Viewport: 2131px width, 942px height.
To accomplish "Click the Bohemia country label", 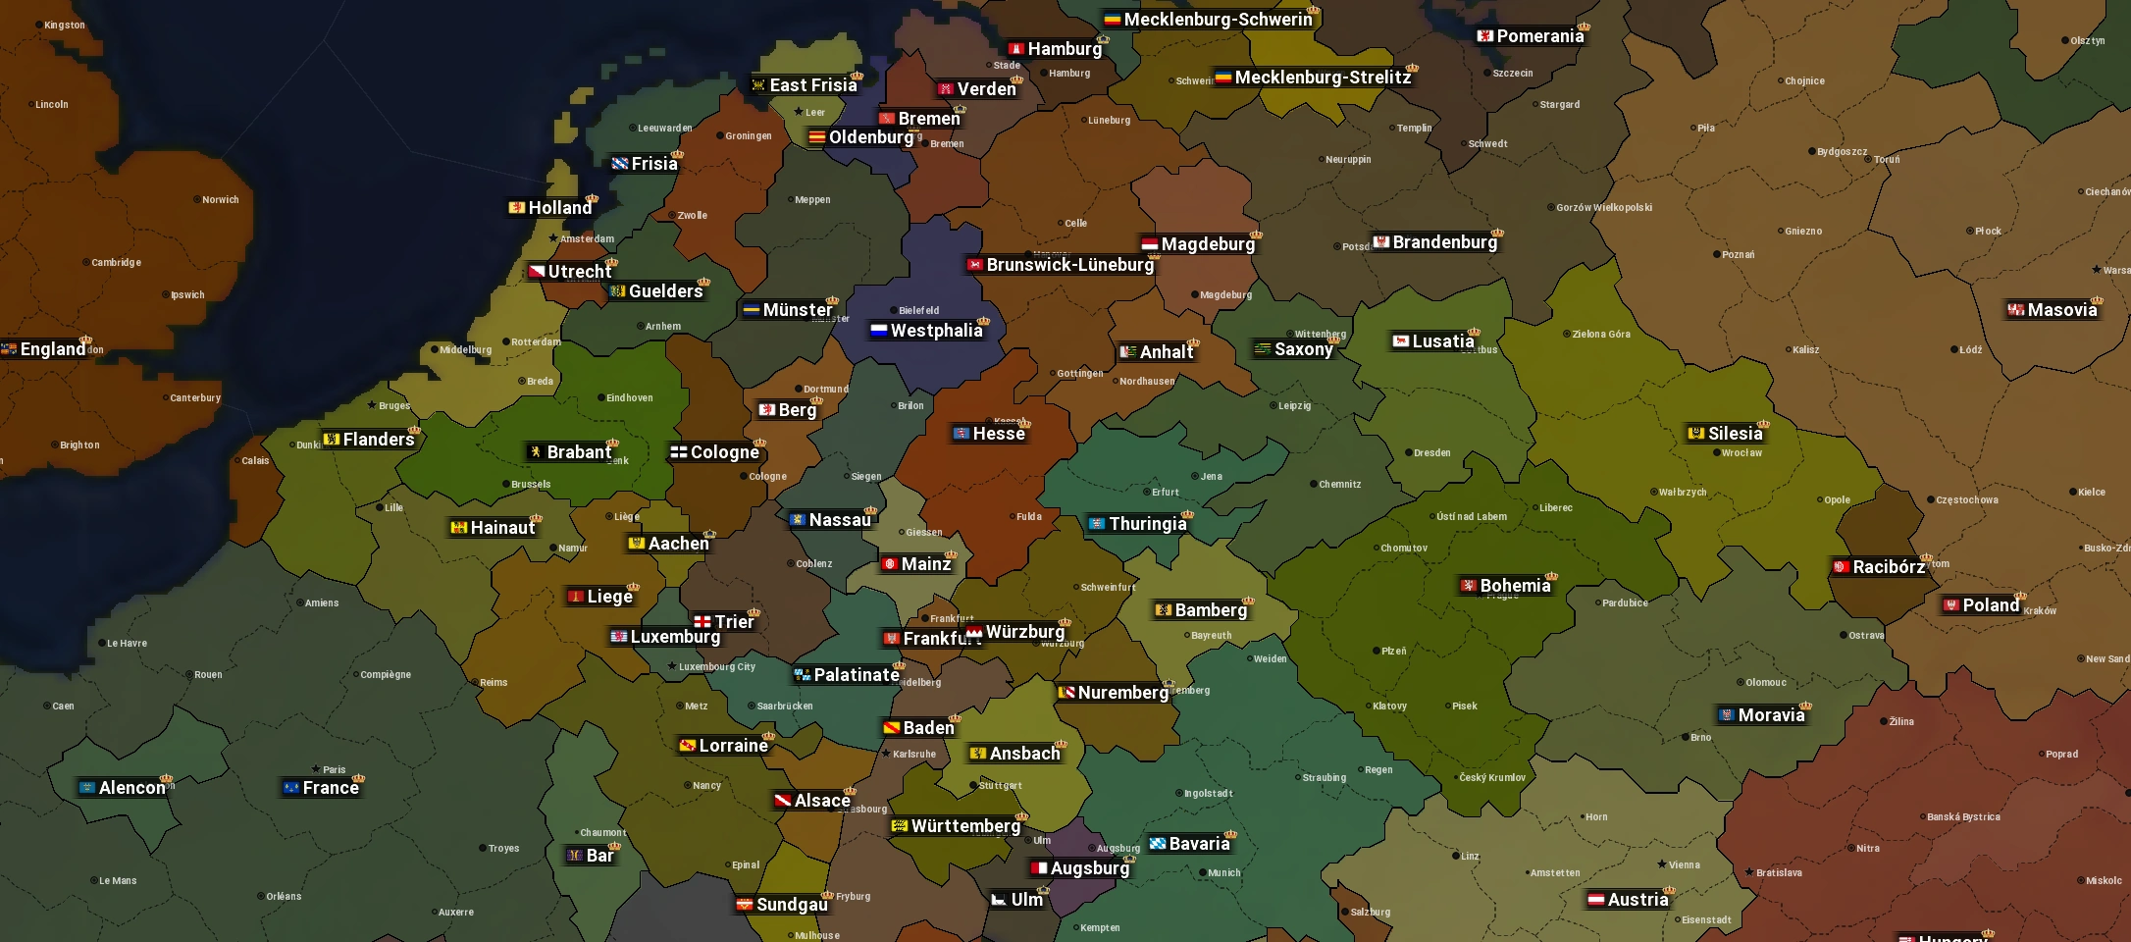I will [x=1515, y=586].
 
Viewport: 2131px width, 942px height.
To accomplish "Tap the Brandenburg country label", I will [x=1444, y=242].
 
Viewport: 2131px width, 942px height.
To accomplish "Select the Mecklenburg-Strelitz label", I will [x=1322, y=78].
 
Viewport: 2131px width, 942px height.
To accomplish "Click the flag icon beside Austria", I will [x=1596, y=900].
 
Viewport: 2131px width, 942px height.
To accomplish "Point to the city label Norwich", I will [x=220, y=200].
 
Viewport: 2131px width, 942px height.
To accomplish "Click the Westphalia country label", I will [x=936, y=331].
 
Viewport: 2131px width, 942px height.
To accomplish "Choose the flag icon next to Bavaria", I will [x=1158, y=844].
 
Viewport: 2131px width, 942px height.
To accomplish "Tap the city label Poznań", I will [x=1738, y=255].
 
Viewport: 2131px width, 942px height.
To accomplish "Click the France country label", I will [x=331, y=788].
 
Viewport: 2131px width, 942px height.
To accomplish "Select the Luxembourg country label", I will [x=675, y=637].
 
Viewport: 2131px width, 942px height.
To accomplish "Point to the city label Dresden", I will [x=1431, y=453].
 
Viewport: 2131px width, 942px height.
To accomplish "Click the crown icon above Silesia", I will [x=1763, y=424].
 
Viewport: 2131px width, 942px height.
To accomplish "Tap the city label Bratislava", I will [x=1778, y=873].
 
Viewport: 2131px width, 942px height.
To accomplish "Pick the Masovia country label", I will [x=2061, y=310].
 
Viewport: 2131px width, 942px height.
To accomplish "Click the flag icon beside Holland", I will [x=517, y=208].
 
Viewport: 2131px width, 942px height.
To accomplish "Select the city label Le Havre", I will [x=127, y=644].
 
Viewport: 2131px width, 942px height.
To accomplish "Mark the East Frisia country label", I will [x=812, y=85].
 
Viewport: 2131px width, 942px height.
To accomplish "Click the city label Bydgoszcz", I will [x=1842, y=152].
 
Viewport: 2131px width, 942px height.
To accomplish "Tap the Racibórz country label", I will [x=1888, y=567].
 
